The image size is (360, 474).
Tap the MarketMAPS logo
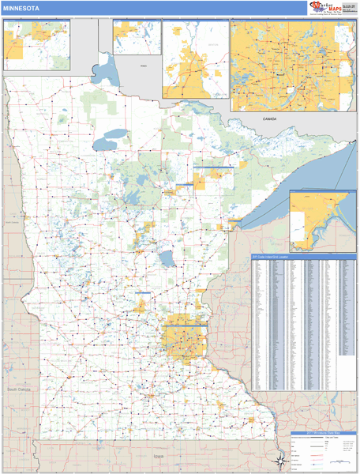point(325,8)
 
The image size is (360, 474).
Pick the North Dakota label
point(12,223)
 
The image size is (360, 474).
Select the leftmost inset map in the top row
point(36,44)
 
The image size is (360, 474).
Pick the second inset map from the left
point(136,37)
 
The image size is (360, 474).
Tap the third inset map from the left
point(195,59)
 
